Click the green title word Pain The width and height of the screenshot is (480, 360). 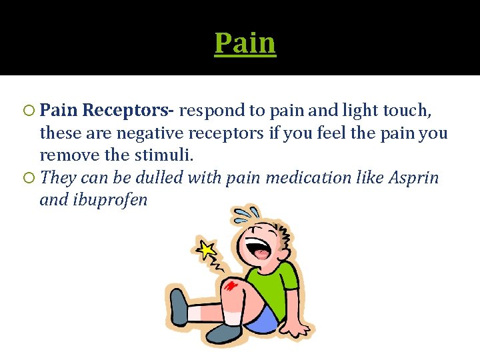point(245,43)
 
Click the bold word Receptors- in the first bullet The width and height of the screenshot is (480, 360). point(131,109)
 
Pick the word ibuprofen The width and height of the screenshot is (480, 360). point(104,200)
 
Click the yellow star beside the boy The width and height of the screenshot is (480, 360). point(207,249)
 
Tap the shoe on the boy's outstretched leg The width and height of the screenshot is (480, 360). point(179,307)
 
